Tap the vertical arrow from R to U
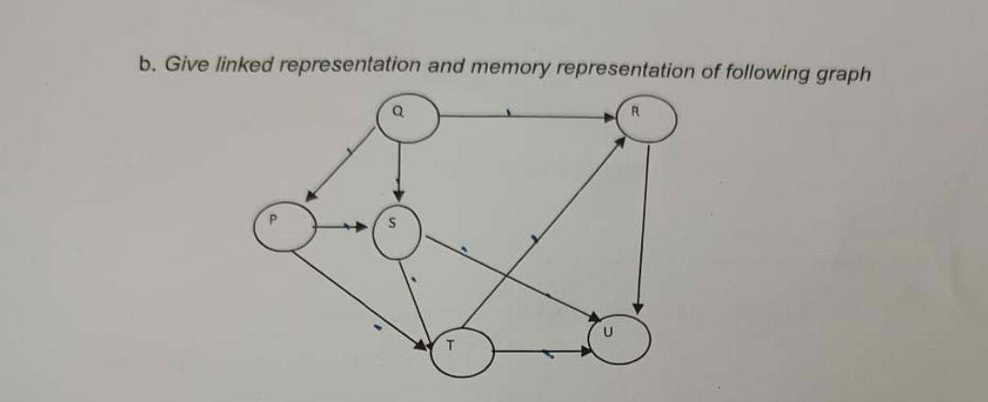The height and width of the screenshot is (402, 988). click(x=644, y=228)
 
